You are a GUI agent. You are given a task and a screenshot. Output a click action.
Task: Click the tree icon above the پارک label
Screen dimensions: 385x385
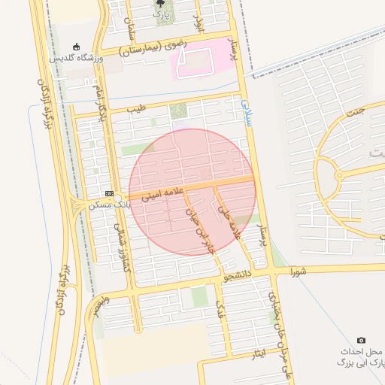pos(160,4)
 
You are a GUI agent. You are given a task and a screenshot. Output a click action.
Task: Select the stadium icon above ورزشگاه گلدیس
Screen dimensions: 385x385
pos(76,47)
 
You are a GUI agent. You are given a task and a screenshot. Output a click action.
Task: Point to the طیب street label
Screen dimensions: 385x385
pos(135,110)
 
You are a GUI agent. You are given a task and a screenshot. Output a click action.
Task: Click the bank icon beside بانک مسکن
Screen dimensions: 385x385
pos(109,194)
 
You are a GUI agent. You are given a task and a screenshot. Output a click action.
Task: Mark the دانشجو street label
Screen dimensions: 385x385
pos(238,277)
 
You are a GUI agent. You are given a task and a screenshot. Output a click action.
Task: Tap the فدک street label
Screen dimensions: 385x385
pos(220,311)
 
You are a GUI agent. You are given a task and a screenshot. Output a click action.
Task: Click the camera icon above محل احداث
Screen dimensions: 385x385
pos(362,341)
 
